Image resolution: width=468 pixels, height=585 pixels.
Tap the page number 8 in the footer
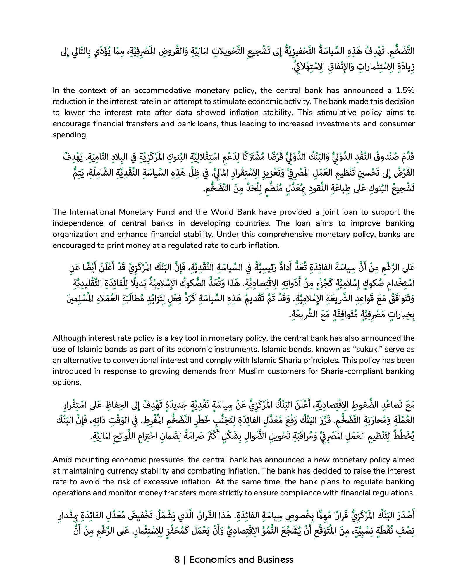point(177,560)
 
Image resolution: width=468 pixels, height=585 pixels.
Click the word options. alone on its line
point(67,383)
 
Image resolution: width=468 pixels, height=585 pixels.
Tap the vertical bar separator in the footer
point(185,560)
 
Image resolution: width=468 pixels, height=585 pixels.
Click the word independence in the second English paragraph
point(78,223)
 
